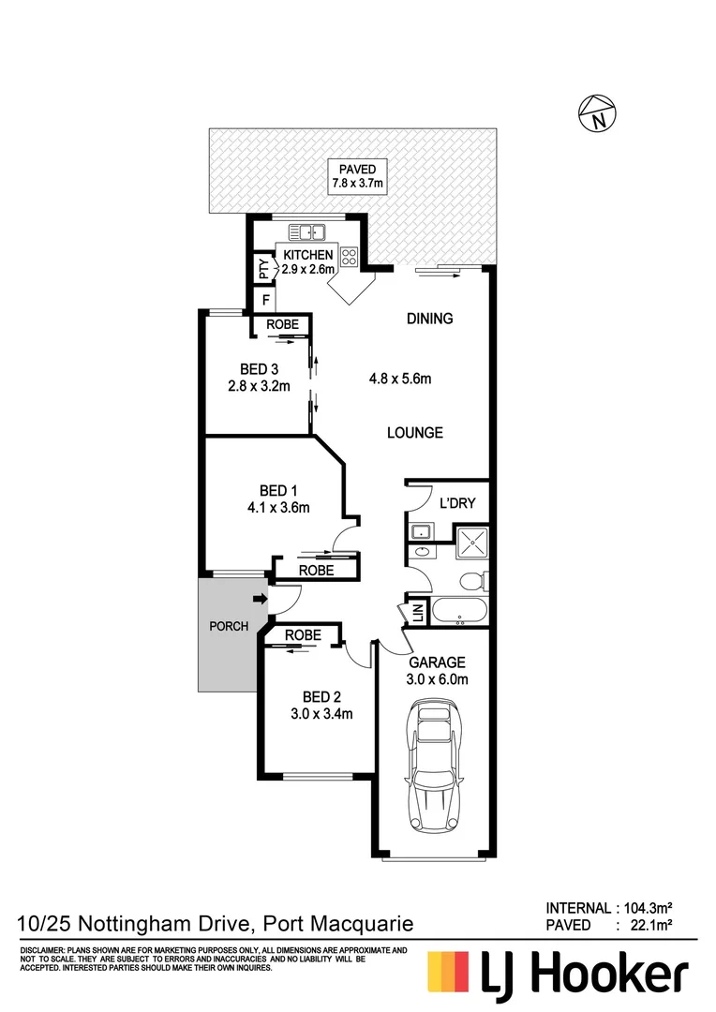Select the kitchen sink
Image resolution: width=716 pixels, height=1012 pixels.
[306, 231]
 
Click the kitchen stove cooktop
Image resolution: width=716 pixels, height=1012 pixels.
[351, 256]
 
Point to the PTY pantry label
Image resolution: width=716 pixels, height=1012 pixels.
[263, 270]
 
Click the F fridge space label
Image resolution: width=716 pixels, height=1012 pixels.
[266, 301]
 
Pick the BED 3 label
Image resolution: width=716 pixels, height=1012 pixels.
[260, 368]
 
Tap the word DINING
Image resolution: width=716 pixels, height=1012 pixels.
[429, 319]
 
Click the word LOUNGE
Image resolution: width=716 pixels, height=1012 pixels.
[415, 433]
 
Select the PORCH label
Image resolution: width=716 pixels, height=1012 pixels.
[229, 626]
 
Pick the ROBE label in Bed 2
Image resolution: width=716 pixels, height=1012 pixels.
[303, 635]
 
